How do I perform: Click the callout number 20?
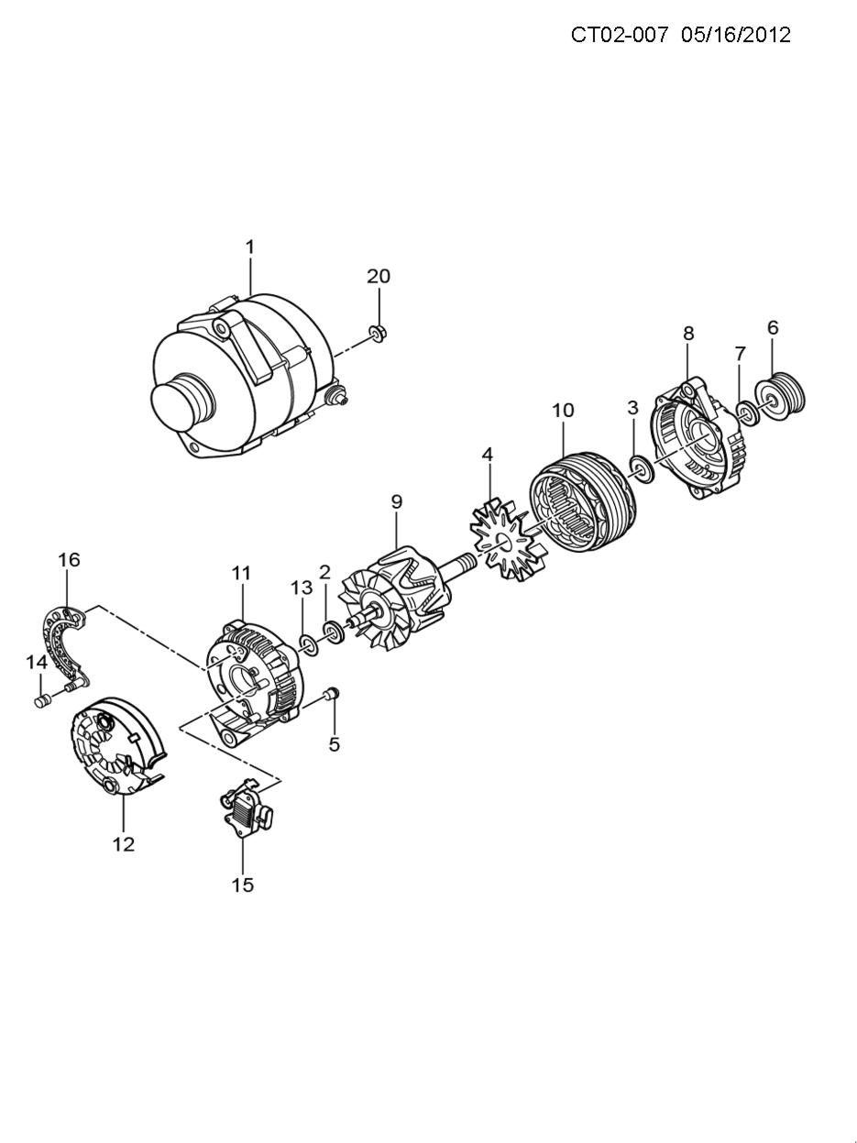(x=379, y=276)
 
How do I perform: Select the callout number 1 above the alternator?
(x=250, y=247)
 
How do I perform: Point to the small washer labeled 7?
(x=748, y=413)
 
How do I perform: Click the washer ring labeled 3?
(x=641, y=468)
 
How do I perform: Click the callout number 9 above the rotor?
(x=397, y=502)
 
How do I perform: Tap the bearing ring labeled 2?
(x=334, y=632)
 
